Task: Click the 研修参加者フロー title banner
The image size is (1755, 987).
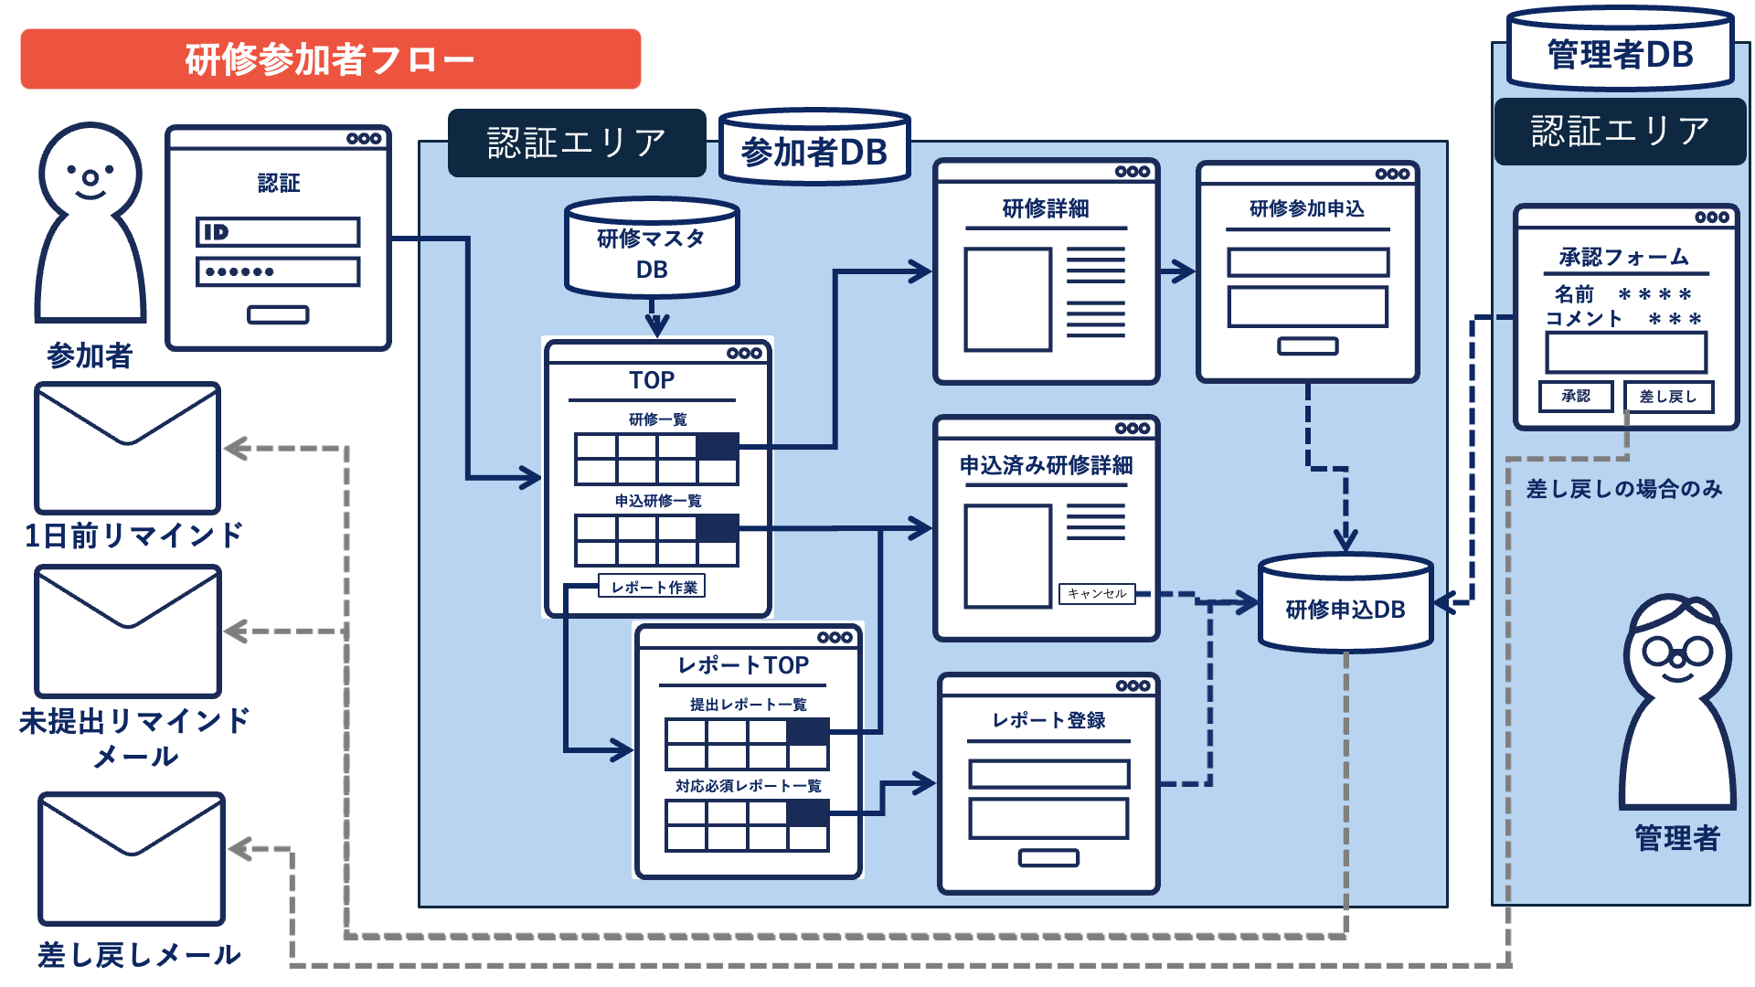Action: click(x=330, y=59)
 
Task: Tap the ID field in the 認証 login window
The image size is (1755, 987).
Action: click(x=278, y=232)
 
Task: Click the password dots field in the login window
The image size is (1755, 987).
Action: click(x=278, y=271)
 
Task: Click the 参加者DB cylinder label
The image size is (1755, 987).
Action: click(x=814, y=152)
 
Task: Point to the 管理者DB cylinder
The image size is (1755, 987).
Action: click(x=1620, y=53)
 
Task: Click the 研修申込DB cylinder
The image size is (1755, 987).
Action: click(x=1345, y=607)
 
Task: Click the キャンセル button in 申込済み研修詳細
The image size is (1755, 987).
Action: click(x=1097, y=594)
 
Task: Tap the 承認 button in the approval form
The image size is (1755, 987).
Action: click(x=1575, y=397)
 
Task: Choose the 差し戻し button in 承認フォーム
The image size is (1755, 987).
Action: click(x=1667, y=397)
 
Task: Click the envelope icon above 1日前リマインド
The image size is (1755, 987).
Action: click(x=128, y=448)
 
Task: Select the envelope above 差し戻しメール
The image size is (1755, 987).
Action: click(x=132, y=859)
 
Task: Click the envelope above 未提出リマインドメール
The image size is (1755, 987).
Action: click(x=128, y=631)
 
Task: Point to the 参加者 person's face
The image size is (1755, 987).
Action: click(x=90, y=174)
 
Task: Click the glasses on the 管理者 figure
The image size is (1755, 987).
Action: click(x=1677, y=652)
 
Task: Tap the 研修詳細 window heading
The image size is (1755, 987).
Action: click(x=1046, y=209)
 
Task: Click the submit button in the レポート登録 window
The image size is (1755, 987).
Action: click(x=1048, y=857)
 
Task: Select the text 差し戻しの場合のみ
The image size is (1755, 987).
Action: click(x=1623, y=489)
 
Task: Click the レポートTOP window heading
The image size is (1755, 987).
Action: click(x=743, y=665)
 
